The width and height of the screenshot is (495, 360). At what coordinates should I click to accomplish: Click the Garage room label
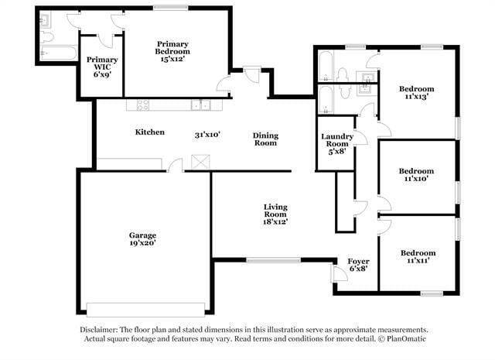click(x=142, y=235)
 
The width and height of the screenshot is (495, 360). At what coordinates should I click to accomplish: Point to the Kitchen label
click(x=150, y=132)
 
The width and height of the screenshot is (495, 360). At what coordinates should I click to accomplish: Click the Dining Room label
click(x=265, y=139)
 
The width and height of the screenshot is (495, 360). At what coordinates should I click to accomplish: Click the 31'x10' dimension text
click(x=208, y=135)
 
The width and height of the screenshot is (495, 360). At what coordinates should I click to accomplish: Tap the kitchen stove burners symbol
click(x=142, y=105)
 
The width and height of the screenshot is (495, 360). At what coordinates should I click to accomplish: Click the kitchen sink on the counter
click(x=201, y=105)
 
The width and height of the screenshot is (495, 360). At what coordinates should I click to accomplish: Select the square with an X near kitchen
click(x=200, y=163)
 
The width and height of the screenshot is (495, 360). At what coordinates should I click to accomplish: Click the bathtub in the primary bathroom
click(x=59, y=53)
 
